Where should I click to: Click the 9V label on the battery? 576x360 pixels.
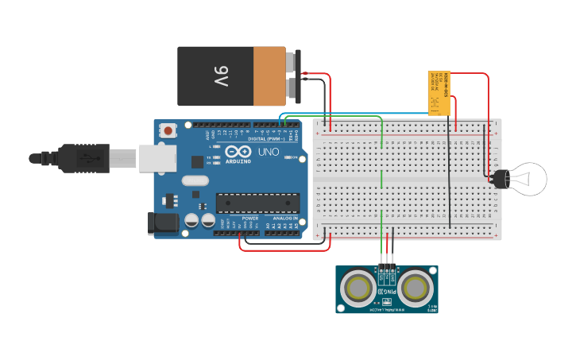pyautogui.click(x=220, y=76)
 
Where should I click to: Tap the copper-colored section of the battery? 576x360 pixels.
pyautogui.click(x=269, y=76)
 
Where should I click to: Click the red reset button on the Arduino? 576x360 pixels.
pyautogui.click(x=168, y=130)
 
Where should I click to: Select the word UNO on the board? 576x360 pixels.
pyautogui.click(x=269, y=151)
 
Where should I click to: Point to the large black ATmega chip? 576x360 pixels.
pyautogui.click(x=257, y=203)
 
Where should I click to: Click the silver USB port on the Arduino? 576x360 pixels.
pyautogui.click(x=157, y=157)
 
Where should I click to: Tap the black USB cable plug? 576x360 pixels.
pyautogui.click(x=83, y=158)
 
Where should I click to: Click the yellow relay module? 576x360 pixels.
pyautogui.click(x=439, y=94)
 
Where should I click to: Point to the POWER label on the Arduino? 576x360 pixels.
pyautogui.click(x=250, y=218)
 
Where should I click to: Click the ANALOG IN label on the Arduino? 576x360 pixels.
pyautogui.click(x=285, y=218)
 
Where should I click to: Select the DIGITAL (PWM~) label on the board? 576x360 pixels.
pyautogui.click(x=264, y=138)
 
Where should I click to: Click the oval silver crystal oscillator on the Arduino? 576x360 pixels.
pyautogui.click(x=195, y=180)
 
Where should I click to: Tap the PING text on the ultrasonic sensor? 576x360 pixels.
pyautogui.click(x=387, y=292)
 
